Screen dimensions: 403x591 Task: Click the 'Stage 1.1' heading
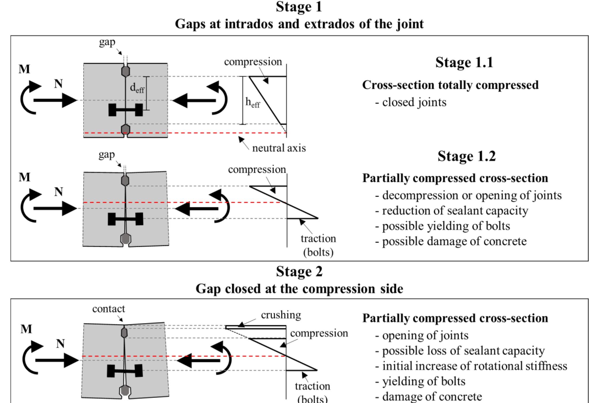click(x=464, y=63)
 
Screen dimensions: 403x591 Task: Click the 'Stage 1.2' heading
click(x=466, y=156)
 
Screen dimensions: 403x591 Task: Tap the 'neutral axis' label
click(x=279, y=148)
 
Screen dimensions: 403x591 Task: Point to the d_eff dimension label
click(x=137, y=88)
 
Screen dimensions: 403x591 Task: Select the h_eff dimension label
click(x=252, y=102)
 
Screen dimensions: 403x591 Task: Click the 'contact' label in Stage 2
click(x=109, y=309)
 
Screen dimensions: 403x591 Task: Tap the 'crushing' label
click(x=281, y=315)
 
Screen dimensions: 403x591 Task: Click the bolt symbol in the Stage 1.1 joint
click(x=126, y=110)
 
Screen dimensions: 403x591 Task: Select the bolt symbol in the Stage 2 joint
click(x=125, y=371)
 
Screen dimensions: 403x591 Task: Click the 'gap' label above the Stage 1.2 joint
click(x=107, y=155)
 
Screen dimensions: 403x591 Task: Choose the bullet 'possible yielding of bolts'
click(x=443, y=226)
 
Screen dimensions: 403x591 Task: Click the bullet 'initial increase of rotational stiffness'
click(x=471, y=366)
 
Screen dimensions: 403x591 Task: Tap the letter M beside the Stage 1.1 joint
click(x=24, y=69)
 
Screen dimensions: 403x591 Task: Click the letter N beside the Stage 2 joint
click(x=60, y=344)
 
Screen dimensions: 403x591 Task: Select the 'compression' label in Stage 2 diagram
click(x=319, y=334)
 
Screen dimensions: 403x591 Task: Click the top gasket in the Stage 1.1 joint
click(x=126, y=71)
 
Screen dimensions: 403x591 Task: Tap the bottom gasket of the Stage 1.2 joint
click(x=125, y=239)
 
